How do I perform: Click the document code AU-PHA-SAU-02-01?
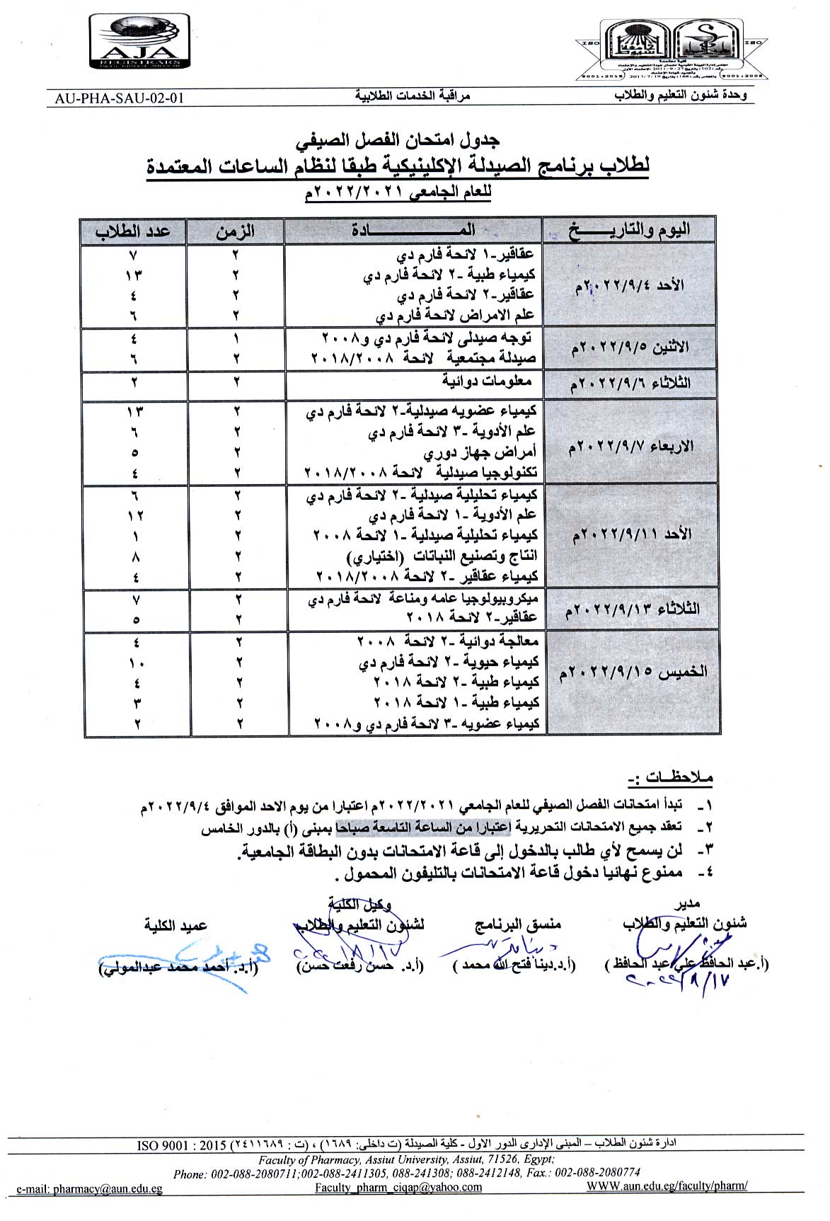tap(118, 98)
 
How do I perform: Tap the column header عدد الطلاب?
tap(133, 231)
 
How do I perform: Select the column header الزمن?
tap(235, 231)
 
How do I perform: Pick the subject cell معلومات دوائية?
tap(488, 382)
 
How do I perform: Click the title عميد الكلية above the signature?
tap(175, 925)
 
